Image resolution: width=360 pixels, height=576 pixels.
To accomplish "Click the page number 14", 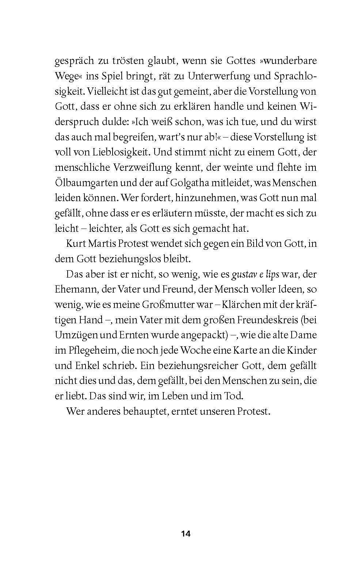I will (x=186, y=534).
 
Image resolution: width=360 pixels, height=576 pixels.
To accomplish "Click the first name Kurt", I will (x=75, y=244).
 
